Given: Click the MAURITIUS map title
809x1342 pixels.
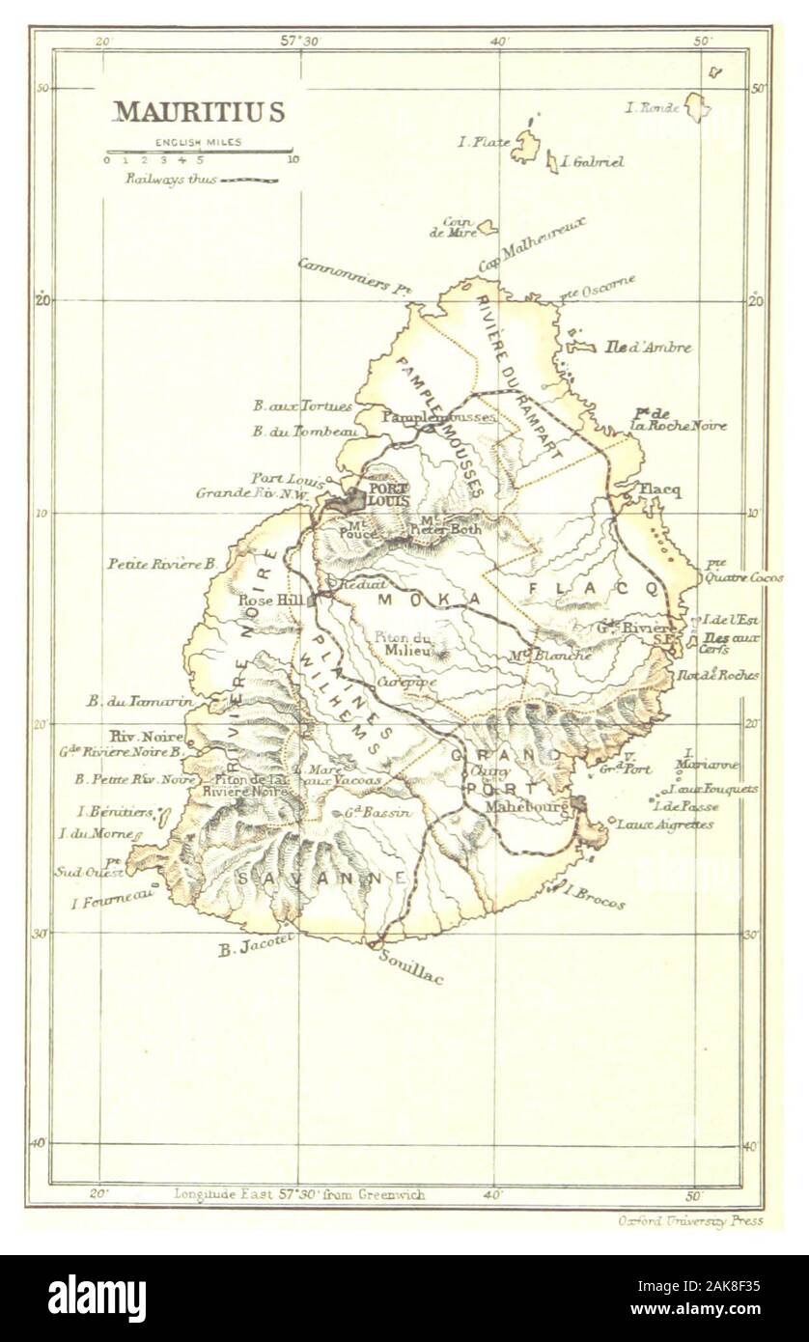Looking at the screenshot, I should point(200,112).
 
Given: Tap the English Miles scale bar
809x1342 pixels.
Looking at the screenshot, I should point(199,152).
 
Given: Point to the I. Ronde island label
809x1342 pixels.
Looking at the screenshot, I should point(654,108).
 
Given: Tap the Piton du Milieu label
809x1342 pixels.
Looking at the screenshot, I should point(403,642).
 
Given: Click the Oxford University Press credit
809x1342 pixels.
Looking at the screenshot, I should point(690,1221).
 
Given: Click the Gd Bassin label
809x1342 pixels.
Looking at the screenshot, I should point(379,813).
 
